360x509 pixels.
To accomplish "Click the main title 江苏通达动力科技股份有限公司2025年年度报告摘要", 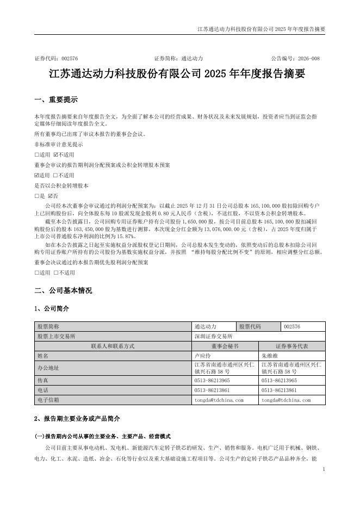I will pos(179,74).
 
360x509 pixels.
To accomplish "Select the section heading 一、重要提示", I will pos(55,100).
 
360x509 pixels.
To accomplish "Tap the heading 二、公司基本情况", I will pos(63,290).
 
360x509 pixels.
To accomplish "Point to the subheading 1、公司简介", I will pos(52,308).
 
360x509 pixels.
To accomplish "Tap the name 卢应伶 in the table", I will pos(203,356).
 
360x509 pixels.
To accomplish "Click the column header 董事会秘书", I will pos(225,346).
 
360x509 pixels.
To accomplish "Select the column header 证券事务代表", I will pos(292,346).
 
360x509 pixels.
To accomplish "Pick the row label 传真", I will pos(42,381).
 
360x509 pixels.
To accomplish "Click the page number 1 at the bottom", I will pos(324,469).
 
